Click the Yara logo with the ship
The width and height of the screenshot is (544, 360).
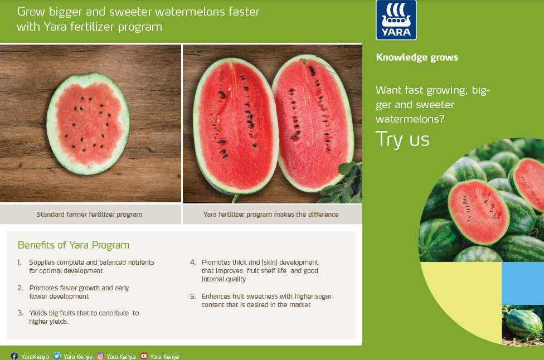pyautogui.click(x=396, y=20)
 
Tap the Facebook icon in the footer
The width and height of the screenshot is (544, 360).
pyautogui.click(x=14, y=356)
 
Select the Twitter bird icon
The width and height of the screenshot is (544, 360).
pyautogui.click(x=57, y=356)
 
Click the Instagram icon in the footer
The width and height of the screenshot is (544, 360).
pyautogui.click(x=100, y=356)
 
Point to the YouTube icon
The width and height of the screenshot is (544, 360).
pyautogui.click(x=144, y=356)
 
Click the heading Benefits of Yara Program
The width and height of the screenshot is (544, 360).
pyautogui.click(x=74, y=245)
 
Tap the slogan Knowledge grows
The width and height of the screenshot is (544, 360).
pyautogui.click(x=417, y=57)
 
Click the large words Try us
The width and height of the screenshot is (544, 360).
pyautogui.click(x=402, y=139)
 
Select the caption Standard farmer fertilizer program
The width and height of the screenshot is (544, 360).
pyautogui.click(x=89, y=215)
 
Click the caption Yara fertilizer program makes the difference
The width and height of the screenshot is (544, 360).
pyautogui.click(x=271, y=215)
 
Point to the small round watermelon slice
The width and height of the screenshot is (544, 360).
pyautogui.click(x=88, y=124)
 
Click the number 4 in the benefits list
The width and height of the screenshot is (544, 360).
pyautogui.click(x=193, y=262)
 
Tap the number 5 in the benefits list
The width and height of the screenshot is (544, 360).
pyautogui.click(x=193, y=296)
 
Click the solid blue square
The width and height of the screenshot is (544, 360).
pyautogui.click(x=523, y=283)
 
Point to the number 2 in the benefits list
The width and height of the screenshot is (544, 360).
pyautogui.click(x=21, y=288)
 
